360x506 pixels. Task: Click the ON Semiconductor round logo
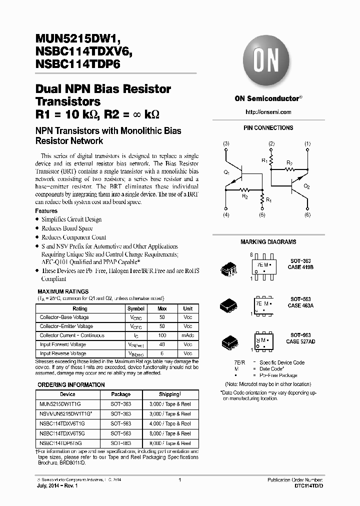coord(268,62)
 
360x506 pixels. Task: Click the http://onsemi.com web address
coord(268,112)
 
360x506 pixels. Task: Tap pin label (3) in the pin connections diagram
coord(226,144)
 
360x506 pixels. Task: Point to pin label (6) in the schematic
coord(307,214)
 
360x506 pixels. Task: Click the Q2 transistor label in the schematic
coord(306,186)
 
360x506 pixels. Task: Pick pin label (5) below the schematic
coord(261,214)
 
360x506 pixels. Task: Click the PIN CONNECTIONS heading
coord(268,128)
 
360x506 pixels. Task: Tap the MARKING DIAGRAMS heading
coord(268,242)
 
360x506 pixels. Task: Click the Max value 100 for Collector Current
coord(162,335)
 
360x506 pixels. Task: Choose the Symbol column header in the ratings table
coord(136,308)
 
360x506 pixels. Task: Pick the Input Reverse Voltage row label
coord(63,353)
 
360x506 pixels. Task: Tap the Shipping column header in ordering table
coord(170,394)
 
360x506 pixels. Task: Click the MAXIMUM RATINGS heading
coord(63,291)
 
